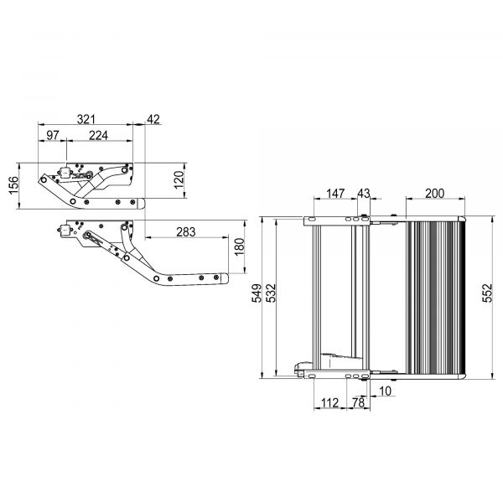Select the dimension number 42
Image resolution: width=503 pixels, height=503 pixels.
click(153, 120)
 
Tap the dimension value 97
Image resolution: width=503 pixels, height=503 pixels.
click(53, 136)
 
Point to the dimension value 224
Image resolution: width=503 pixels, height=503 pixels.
click(98, 136)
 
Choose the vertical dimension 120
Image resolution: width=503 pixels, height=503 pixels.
click(178, 179)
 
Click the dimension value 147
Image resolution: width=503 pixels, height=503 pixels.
click(335, 194)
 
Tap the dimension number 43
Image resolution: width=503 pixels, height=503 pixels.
click(363, 194)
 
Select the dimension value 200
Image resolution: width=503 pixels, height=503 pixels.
click(434, 194)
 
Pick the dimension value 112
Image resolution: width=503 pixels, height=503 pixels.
click(330, 404)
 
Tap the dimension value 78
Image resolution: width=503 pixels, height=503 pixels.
click(359, 404)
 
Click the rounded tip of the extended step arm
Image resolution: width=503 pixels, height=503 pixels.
click(224, 278)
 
